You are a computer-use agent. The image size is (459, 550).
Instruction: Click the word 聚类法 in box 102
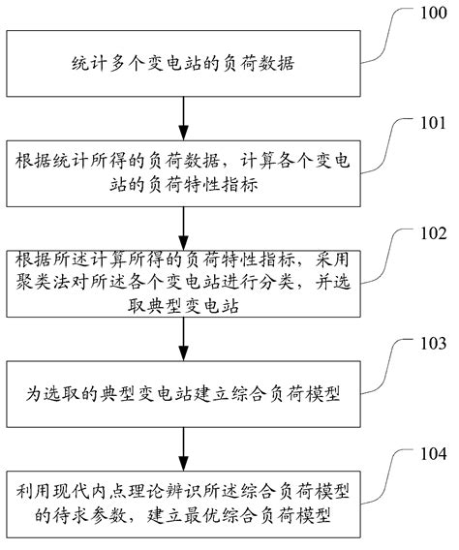(x=43, y=285)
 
